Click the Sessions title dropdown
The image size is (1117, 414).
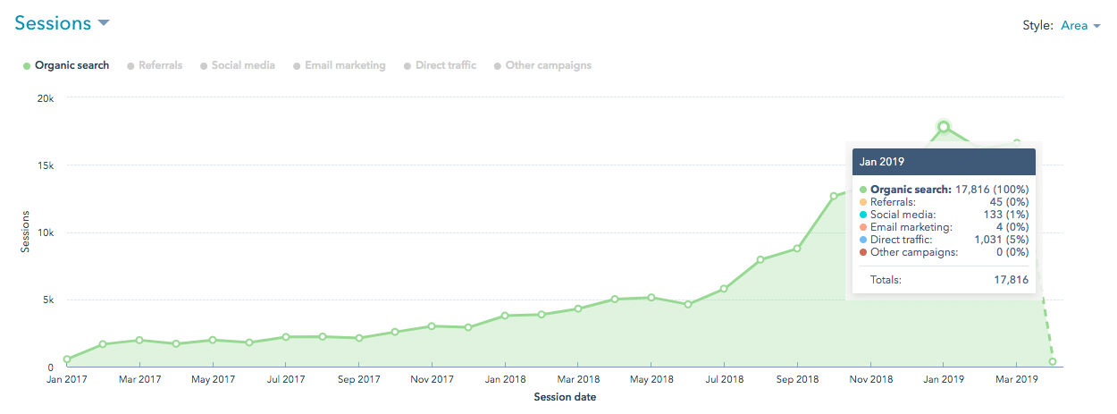(62, 23)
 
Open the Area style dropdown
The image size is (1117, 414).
(1079, 25)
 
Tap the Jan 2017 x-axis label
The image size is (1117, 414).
(67, 379)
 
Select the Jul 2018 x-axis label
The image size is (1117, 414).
(724, 379)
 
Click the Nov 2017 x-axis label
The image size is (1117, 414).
(431, 379)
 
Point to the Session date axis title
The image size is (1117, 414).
(565, 396)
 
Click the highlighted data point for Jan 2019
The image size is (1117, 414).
(943, 127)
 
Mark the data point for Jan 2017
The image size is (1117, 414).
(67, 359)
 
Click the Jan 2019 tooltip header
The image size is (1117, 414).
(943, 162)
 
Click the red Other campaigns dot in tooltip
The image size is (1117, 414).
(863, 252)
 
